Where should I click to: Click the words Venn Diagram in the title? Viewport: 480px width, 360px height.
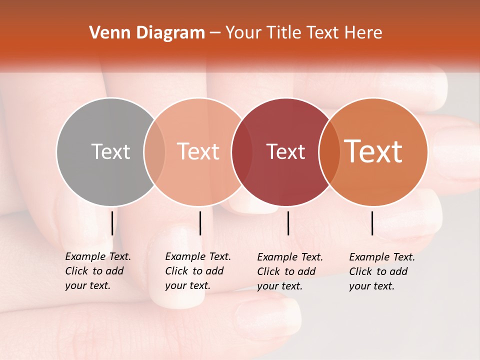(147, 33)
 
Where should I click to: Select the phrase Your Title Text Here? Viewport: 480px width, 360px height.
(303, 33)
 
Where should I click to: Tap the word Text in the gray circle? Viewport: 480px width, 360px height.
(110, 151)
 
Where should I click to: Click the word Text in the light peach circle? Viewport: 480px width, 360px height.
(198, 151)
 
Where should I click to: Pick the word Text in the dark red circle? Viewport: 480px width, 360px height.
(285, 152)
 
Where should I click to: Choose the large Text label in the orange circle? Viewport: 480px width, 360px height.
(373, 151)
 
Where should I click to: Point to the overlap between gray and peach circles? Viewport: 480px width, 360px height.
(154, 152)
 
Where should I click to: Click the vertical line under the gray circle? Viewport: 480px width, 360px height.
(112, 223)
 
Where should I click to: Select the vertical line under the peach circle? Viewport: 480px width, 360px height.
(200, 223)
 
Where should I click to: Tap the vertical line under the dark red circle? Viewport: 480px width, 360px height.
(288, 223)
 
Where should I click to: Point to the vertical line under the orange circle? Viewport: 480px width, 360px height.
(372, 223)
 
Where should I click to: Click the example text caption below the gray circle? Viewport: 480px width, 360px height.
(98, 271)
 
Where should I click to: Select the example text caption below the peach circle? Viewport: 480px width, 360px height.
(198, 271)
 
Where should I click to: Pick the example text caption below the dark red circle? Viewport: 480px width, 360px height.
(290, 271)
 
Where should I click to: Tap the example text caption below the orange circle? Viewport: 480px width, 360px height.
(382, 271)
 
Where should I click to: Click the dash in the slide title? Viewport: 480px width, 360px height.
(215, 33)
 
